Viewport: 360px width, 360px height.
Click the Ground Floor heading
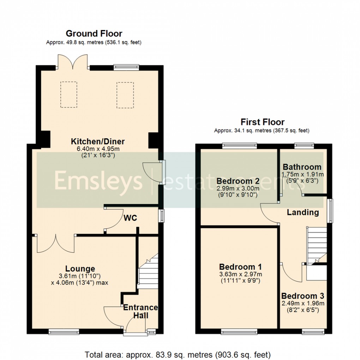94,34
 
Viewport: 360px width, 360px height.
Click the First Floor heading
262,122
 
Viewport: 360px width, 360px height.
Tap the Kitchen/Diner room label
98,142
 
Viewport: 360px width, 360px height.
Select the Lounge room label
80,269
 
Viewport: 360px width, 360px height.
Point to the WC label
130,218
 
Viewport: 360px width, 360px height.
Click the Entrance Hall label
140,311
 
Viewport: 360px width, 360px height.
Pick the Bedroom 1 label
240,267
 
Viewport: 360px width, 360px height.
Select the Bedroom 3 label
302,296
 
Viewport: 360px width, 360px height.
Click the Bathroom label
302,167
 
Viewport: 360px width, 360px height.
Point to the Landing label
302,212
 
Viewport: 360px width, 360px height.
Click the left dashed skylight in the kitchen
69,94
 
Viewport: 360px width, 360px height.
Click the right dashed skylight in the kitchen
125,95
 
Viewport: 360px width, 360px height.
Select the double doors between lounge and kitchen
55,244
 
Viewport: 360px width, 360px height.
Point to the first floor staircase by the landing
316,245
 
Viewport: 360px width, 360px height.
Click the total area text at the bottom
178,354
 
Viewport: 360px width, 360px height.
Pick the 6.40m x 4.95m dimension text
98,149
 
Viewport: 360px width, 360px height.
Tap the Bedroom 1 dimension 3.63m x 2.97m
240,274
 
